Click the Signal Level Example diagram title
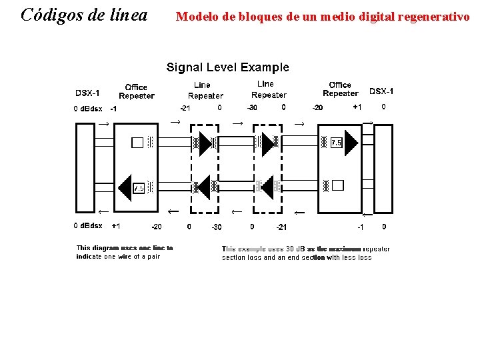(227, 67)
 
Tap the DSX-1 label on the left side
(89, 93)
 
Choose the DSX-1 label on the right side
(381, 91)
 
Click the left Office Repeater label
(137, 91)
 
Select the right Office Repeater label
(340, 89)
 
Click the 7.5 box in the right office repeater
(336, 143)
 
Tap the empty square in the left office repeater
(137, 142)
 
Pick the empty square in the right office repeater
(337, 185)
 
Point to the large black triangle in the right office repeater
(351, 142)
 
